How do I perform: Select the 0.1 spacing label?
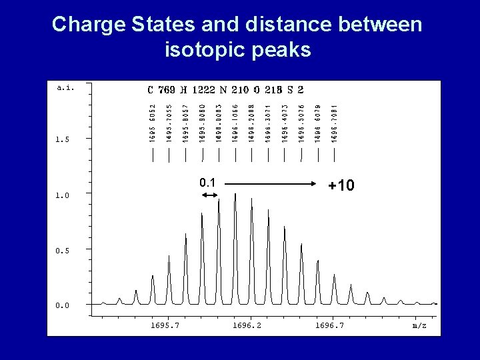point(207,183)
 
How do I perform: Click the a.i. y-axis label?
point(65,87)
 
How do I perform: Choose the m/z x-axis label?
point(419,325)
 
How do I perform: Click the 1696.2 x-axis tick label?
point(247,325)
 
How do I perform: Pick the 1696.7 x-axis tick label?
point(330,325)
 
